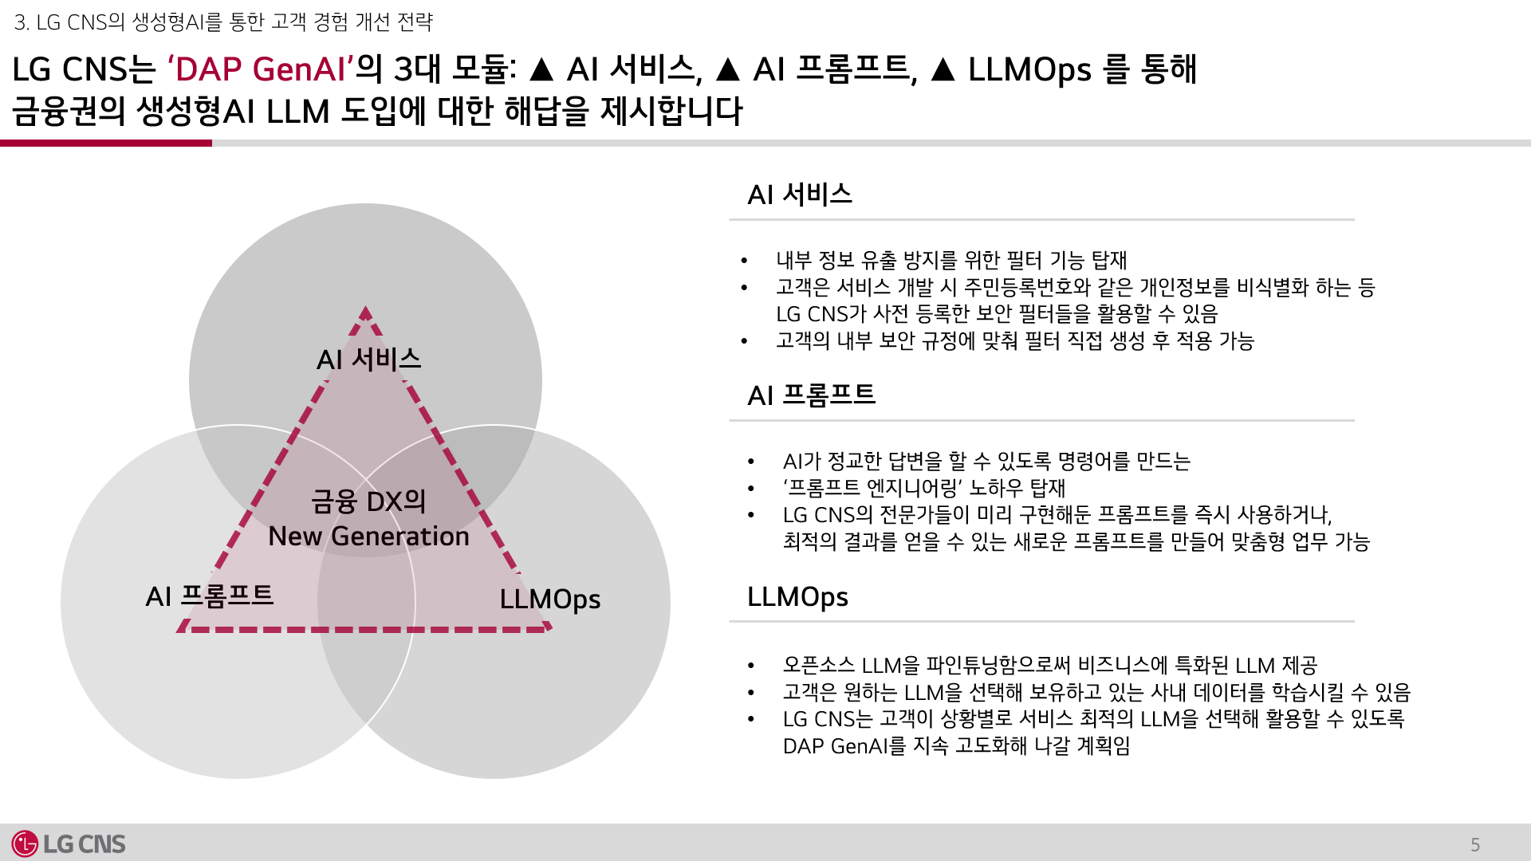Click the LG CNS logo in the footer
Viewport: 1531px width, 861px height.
[69, 843]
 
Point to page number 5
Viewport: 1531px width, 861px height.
[1475, 845]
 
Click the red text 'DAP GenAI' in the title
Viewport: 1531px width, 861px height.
[260, 69]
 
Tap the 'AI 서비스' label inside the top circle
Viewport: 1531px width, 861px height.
[368, 360]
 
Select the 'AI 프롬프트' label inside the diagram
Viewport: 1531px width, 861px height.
[210, 596]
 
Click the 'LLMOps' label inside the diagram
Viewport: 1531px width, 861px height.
[549, 599]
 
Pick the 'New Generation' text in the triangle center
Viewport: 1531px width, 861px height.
[368, 537]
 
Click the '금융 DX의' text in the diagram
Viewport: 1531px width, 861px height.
[368, 501]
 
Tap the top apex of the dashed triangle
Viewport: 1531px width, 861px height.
[365, 311]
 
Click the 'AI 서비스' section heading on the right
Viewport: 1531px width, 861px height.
[800, 195]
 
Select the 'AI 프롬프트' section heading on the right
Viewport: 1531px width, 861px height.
[811, 395]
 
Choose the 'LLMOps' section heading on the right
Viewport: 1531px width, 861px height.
[797, 596]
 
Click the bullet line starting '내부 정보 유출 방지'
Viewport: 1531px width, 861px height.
[951, 260]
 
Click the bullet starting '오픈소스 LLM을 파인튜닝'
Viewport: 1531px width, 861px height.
[1049, 665]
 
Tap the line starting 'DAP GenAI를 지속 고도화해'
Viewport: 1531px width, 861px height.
[956, 746]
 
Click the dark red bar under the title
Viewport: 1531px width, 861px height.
[106, 143]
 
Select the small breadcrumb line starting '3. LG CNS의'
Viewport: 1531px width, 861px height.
[223, 22]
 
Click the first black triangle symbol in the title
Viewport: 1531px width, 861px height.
[541, 70]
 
